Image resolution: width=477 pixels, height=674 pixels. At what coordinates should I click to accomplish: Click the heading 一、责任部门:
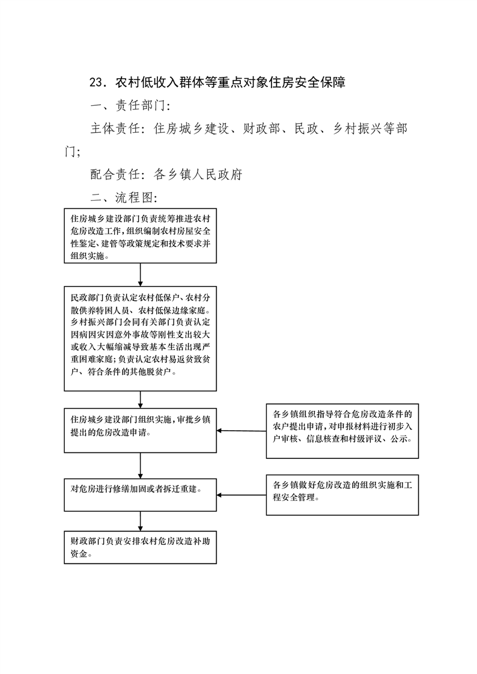(130, 105)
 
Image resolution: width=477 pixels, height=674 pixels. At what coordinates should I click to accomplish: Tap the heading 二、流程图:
(124, 197)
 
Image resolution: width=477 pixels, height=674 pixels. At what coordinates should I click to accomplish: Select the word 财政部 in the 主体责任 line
(262, 129)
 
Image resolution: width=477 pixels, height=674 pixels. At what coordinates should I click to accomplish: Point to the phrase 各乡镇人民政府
(198, 174)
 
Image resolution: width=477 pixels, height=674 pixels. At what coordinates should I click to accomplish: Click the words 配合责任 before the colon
(115, 174)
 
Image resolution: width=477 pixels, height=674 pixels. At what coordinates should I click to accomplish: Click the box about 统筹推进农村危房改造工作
(140, 235)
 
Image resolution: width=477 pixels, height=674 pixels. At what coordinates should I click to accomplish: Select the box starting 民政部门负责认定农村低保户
(140, 339)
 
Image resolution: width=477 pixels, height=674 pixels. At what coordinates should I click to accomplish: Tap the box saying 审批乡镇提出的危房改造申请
(140, 430)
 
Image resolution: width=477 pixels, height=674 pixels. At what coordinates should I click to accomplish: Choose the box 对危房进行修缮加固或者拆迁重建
(140, 495)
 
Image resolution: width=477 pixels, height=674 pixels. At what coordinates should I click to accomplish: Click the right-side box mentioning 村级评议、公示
(342, 431)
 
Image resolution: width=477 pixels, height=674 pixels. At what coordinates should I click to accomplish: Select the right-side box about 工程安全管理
(342, 495)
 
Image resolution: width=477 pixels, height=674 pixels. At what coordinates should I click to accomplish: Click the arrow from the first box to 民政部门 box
(140, 275)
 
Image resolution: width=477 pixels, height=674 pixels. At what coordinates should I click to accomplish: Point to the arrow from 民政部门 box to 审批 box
(140, 399)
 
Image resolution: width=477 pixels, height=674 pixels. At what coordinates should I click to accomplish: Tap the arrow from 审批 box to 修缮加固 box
(140, 466)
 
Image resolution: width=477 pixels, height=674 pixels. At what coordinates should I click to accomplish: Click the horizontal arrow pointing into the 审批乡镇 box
(242, 431)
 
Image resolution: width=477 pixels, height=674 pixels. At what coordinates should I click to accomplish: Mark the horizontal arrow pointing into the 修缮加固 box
(242, 495)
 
